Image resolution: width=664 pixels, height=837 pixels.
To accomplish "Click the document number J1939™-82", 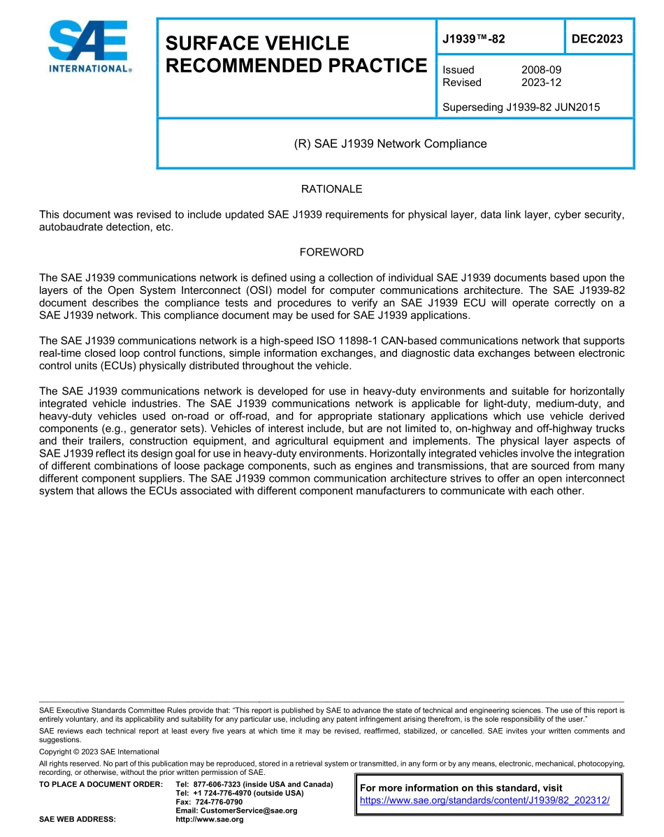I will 473,39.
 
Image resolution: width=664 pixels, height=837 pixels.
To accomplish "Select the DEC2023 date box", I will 597,39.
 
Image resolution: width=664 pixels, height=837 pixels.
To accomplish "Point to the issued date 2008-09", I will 541,70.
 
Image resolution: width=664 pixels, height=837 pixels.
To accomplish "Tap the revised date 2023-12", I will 541,82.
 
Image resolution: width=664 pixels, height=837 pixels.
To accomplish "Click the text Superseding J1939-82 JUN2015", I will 521,108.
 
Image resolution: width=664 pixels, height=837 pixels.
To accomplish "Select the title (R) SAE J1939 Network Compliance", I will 390,144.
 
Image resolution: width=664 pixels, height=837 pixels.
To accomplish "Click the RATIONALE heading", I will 331,189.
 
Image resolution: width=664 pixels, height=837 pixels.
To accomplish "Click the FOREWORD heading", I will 331,252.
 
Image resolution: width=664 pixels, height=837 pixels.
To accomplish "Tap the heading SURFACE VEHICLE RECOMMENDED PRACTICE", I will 295,54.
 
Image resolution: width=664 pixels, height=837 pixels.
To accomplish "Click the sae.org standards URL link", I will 484,801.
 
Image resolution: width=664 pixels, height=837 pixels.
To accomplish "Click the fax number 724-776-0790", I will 219,802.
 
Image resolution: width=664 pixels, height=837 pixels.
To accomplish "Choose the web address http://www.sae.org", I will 209,820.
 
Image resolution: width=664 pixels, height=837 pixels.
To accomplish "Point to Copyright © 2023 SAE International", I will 99,752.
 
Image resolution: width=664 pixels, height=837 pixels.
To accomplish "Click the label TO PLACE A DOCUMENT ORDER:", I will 101,785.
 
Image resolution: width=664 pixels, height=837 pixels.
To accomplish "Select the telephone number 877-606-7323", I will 217,785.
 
